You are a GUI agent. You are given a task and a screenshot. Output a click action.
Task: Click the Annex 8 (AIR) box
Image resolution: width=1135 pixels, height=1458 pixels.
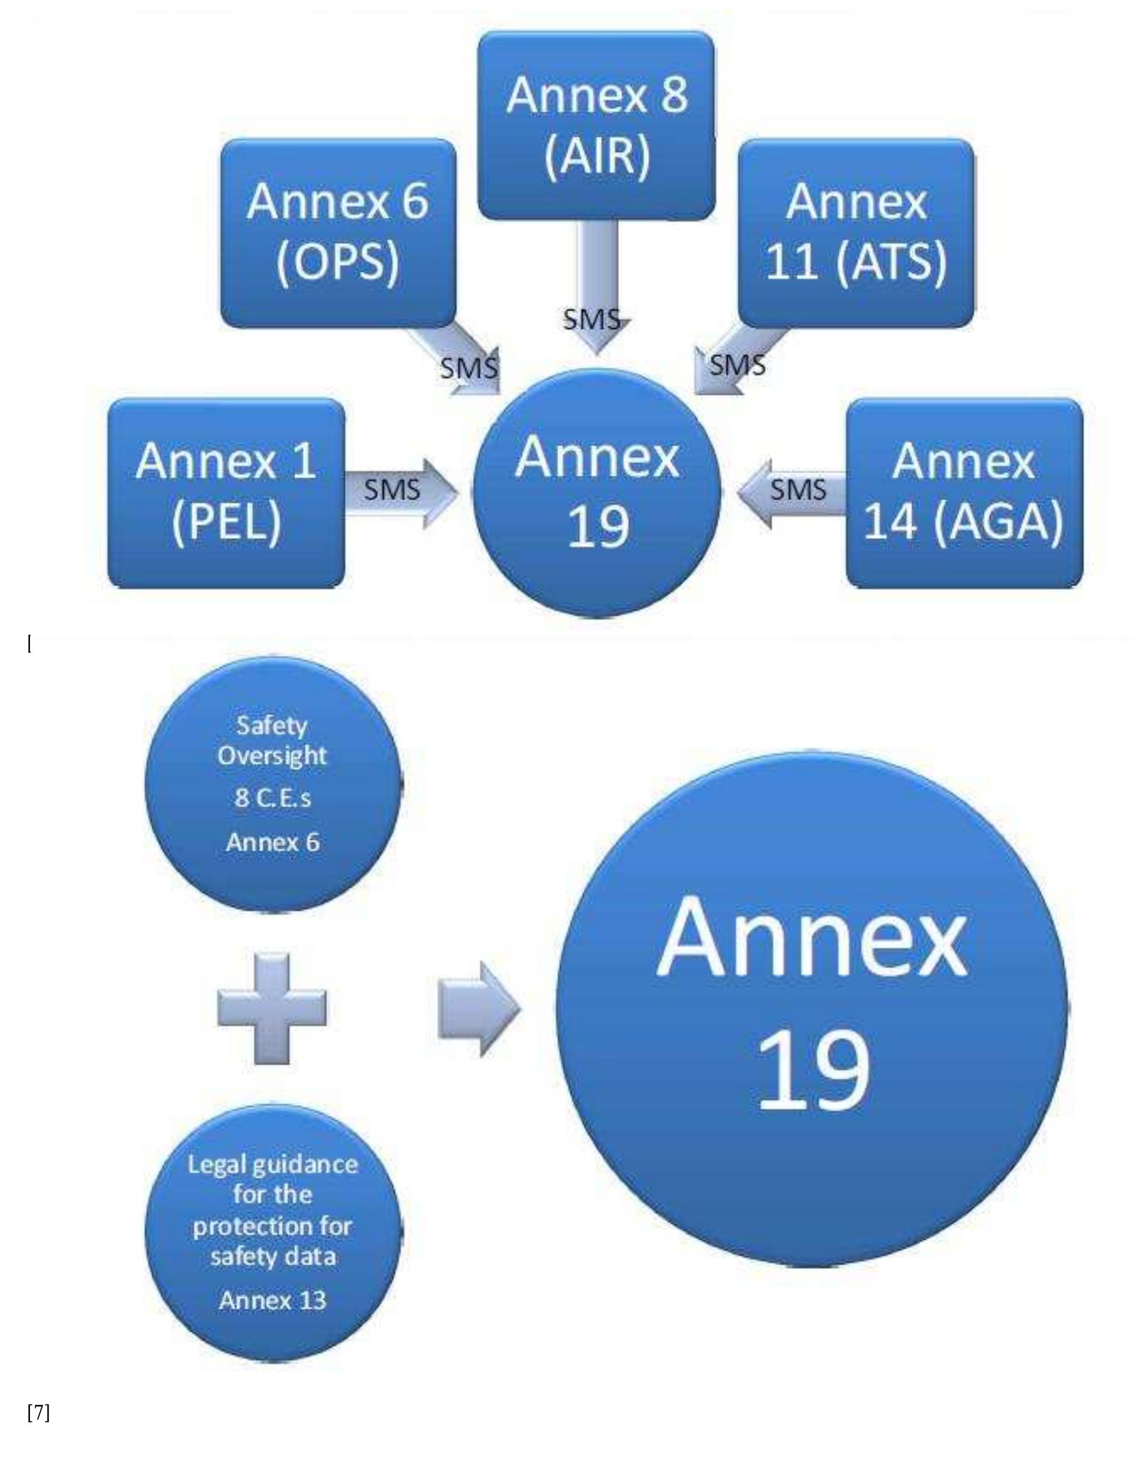[x=596, y=125]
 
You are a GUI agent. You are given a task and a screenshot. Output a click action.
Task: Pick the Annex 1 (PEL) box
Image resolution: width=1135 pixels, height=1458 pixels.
[x=226, y=493]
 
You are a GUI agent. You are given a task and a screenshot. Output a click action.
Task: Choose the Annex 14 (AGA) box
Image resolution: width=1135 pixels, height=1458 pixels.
[x=964, y=493]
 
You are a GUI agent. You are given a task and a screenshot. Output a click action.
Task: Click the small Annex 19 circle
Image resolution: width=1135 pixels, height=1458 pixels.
[x=597, y=493]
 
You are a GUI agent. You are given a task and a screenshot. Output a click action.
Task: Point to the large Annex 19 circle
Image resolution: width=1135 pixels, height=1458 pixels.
[x=811, y=1008]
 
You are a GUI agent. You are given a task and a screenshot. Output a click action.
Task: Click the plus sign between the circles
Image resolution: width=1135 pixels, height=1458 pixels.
[x=272, y=1008]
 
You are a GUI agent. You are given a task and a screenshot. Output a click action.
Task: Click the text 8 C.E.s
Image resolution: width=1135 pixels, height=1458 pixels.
[x=273, y=798]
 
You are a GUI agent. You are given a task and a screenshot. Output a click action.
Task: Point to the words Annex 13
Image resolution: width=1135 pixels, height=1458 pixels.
[x=273, y=1301]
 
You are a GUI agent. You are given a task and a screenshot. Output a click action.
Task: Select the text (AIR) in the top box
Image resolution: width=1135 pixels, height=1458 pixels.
[x=596, y=156]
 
